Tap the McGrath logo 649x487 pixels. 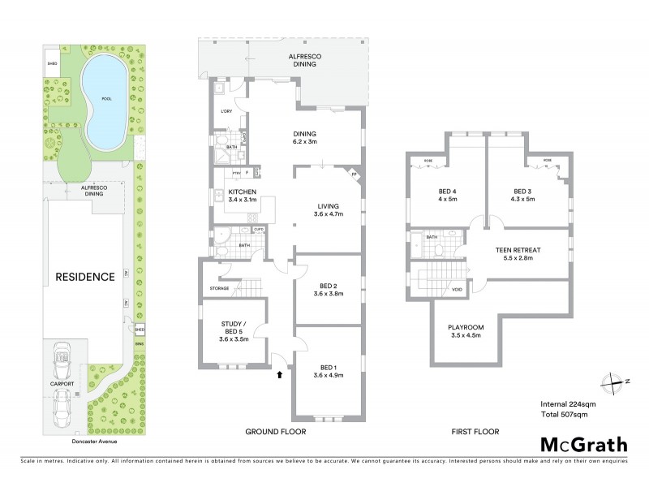(583, 444)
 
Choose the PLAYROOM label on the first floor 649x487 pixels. (466, 331)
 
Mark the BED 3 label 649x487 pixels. (523, 195)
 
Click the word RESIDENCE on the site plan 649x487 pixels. (84, 277)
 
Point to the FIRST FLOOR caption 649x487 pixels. (475, 432)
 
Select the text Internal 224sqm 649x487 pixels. (569, 403)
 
